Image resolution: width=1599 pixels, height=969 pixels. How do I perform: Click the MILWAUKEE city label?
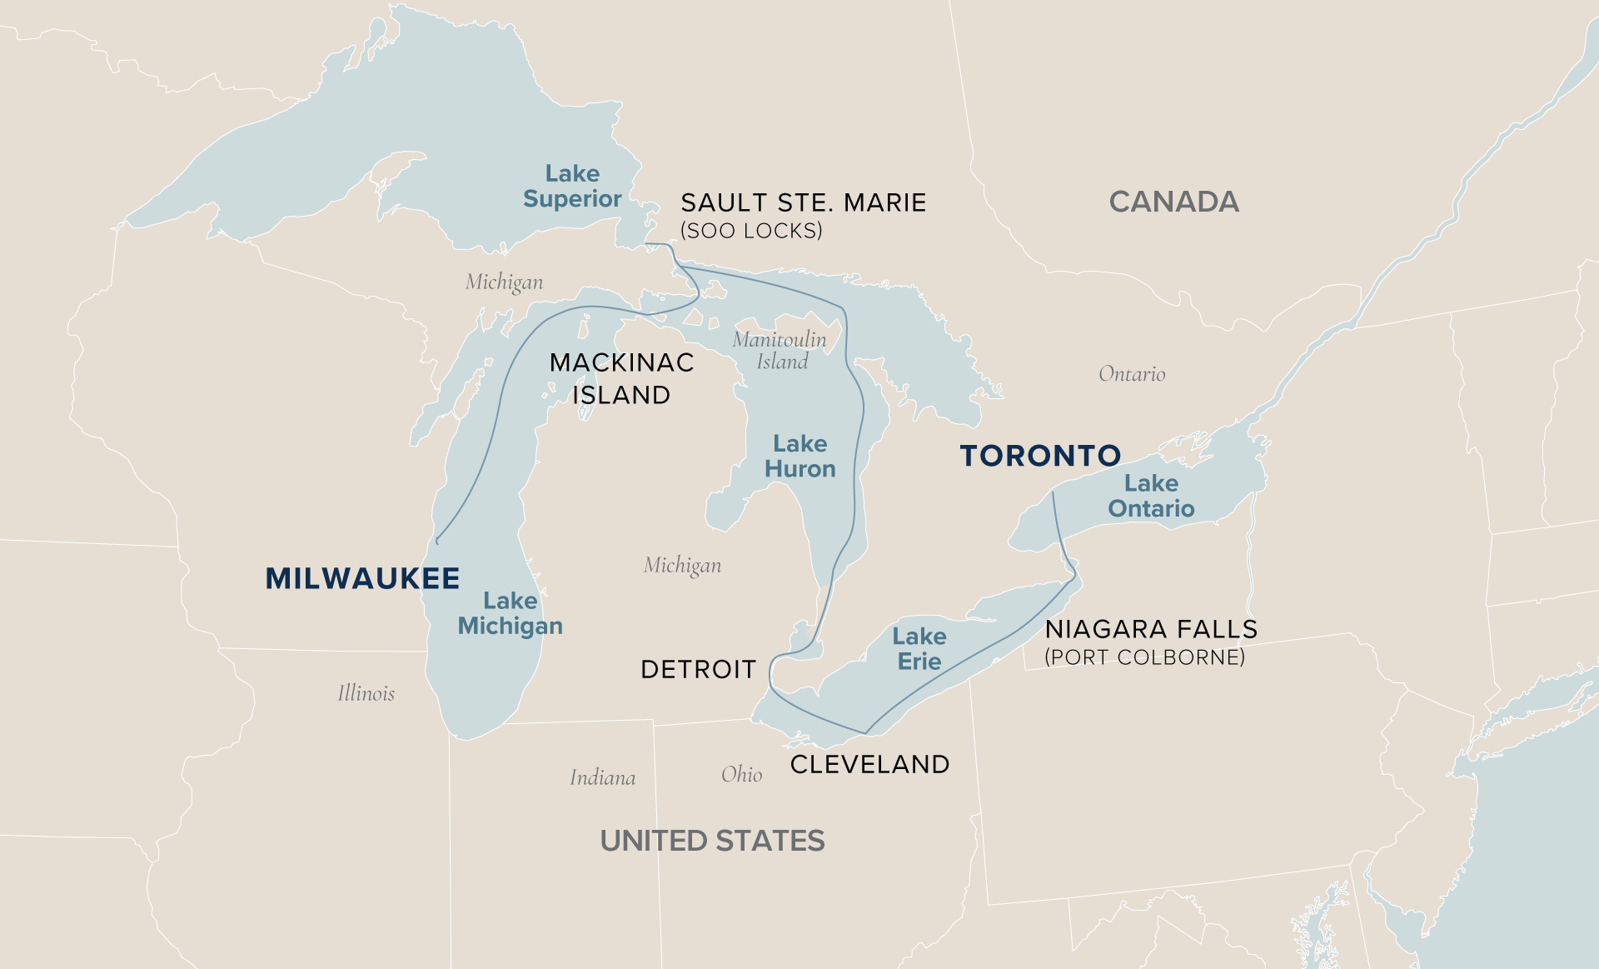coord(362,578)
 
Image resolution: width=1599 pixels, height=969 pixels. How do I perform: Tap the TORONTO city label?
coord(1040,456)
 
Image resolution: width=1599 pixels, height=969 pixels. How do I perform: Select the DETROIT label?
coord(698,669)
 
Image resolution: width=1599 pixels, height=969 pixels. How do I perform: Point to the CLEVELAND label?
coord(869,764)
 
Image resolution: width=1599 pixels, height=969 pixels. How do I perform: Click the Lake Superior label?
coord(572,186)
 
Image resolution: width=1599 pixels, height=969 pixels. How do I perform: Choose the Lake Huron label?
coord(799,456)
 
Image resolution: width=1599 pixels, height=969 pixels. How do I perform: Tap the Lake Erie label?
coord(919,648)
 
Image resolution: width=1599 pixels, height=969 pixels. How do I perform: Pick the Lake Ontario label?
coord(1151,496)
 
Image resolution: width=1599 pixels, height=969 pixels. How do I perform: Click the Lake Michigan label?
coord(510,613)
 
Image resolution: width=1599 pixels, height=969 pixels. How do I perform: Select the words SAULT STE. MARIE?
coord(803,202)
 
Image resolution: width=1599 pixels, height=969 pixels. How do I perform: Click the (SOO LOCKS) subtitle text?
coord(751,231)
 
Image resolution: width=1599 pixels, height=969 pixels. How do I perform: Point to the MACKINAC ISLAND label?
coord(621,378)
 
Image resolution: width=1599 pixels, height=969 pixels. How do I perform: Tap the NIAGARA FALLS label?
coord(1151,629)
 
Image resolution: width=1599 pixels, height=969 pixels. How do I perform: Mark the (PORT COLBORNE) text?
coord(1144,657)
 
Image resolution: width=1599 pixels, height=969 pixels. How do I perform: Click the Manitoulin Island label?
coord(780,350)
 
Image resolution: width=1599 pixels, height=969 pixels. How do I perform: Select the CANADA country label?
coord(1173,202)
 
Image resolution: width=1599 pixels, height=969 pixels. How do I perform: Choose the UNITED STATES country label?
coord(712,841)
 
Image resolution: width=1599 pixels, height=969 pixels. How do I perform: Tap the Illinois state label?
coord(366,693)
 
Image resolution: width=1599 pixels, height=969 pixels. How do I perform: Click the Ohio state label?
coord(741,775)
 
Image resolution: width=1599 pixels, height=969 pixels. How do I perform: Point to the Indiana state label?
coord(602,778)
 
